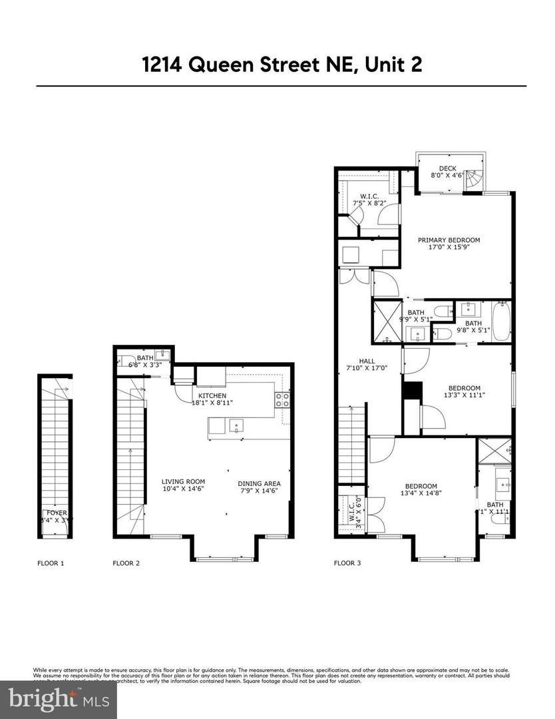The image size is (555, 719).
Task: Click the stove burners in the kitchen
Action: [x=282, y=400]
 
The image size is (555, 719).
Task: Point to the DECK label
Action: [x=447, y=168]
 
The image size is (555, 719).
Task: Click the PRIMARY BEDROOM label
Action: [x=449, y=240]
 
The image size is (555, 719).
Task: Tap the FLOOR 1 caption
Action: [x=51, y=563]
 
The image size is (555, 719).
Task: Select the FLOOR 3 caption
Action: [x=347, y=563]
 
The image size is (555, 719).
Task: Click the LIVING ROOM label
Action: [x=183, y=481]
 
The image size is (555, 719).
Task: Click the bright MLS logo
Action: [x=58, y=698]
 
